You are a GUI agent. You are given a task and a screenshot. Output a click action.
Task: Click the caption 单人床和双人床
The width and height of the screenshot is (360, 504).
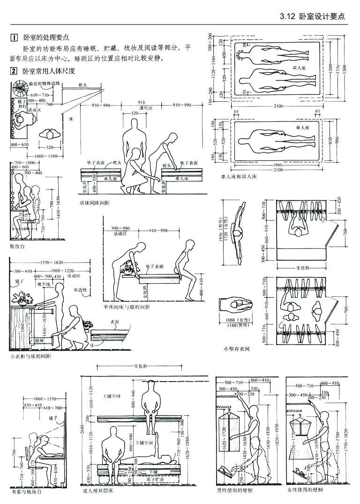(x=238, y=178)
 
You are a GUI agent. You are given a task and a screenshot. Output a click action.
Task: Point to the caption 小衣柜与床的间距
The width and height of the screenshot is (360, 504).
(x=30, y=357)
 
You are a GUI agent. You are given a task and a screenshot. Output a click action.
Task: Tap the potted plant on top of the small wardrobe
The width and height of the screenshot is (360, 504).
(x=22, y=298)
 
